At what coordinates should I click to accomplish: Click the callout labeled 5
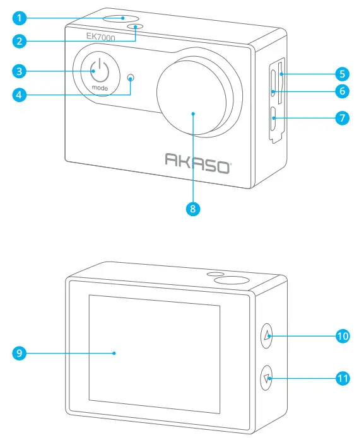coord(341,72)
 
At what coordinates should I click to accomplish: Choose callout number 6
coord(341,91)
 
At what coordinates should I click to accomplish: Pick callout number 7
coord(341,118)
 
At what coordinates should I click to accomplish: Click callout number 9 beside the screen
coord(21,353)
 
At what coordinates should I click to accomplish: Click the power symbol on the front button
coord(100,71)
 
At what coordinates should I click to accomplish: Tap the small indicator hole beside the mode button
coord(131,79)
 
